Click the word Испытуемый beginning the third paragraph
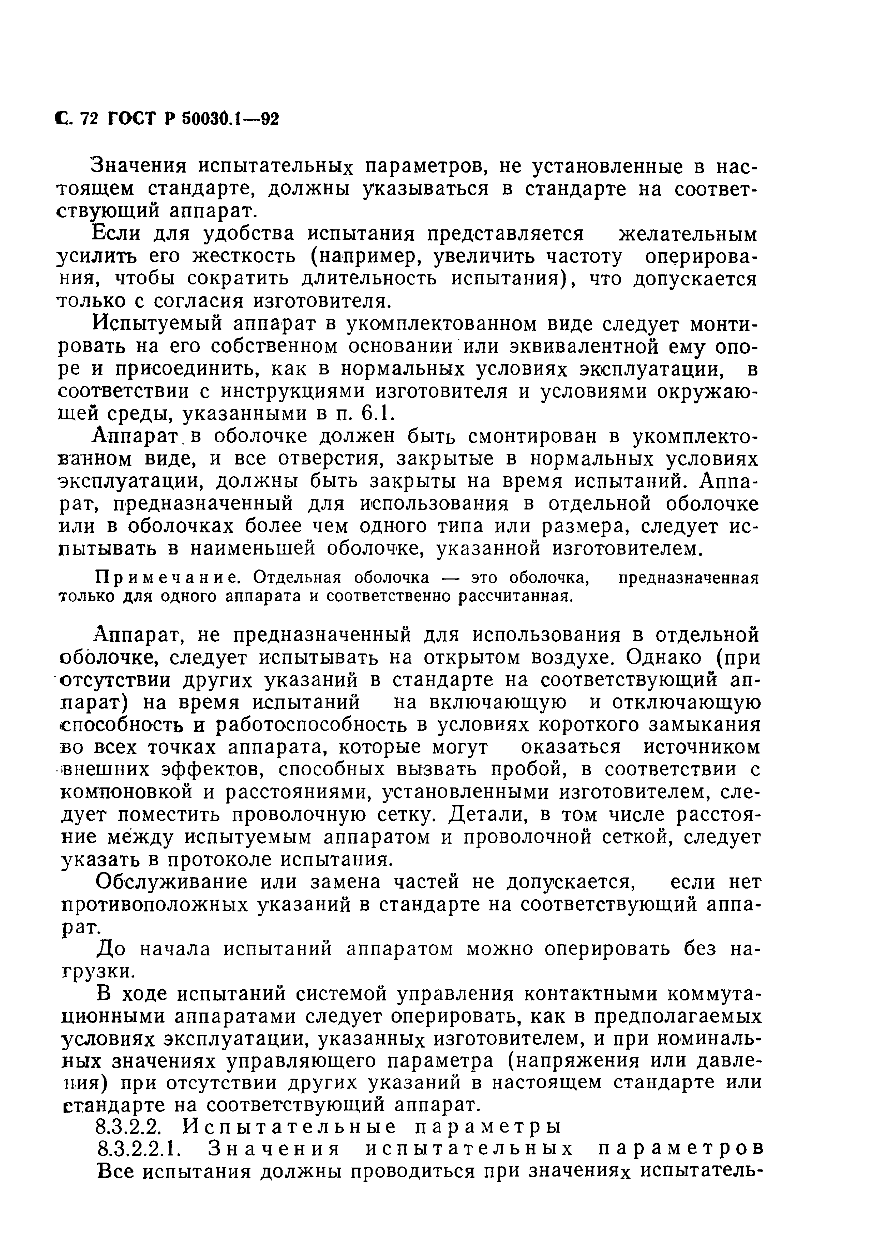[156, 324]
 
